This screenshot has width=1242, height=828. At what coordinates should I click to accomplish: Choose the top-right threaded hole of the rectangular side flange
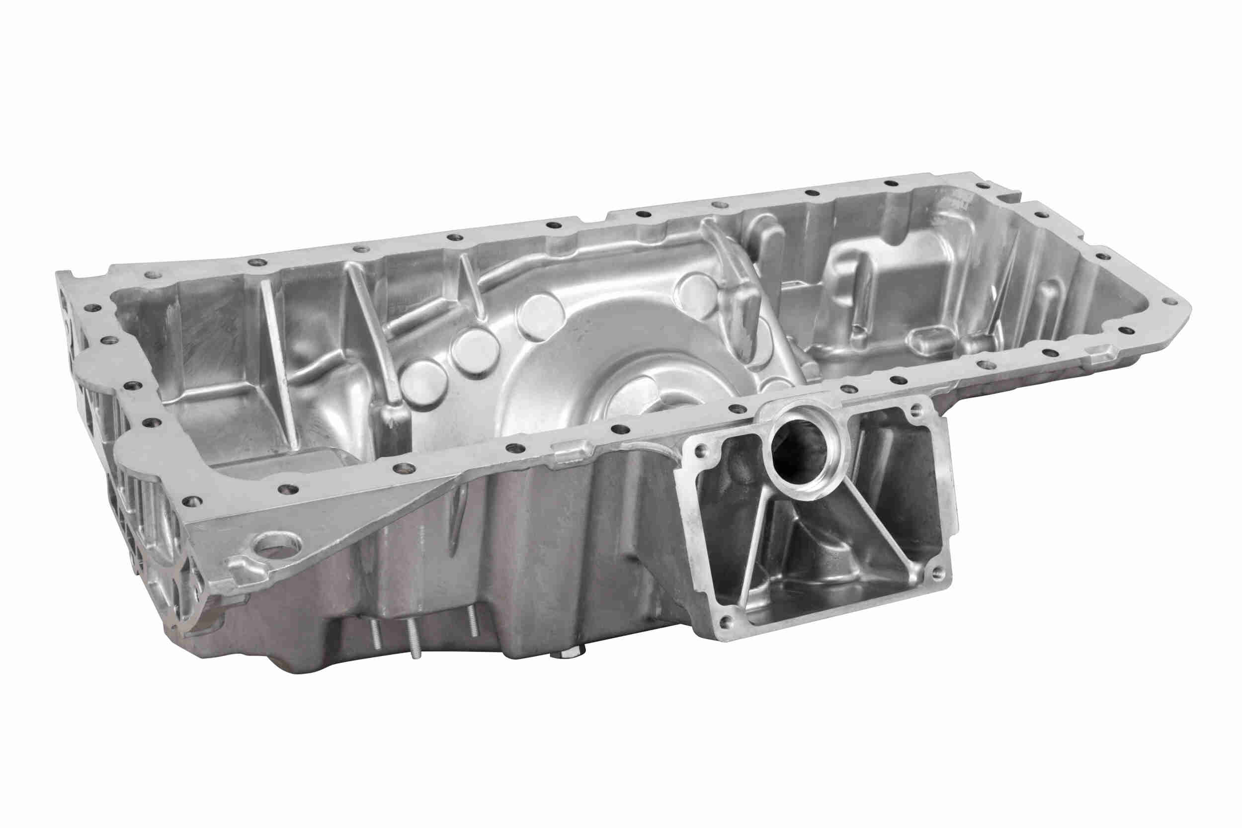(916, 407)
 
